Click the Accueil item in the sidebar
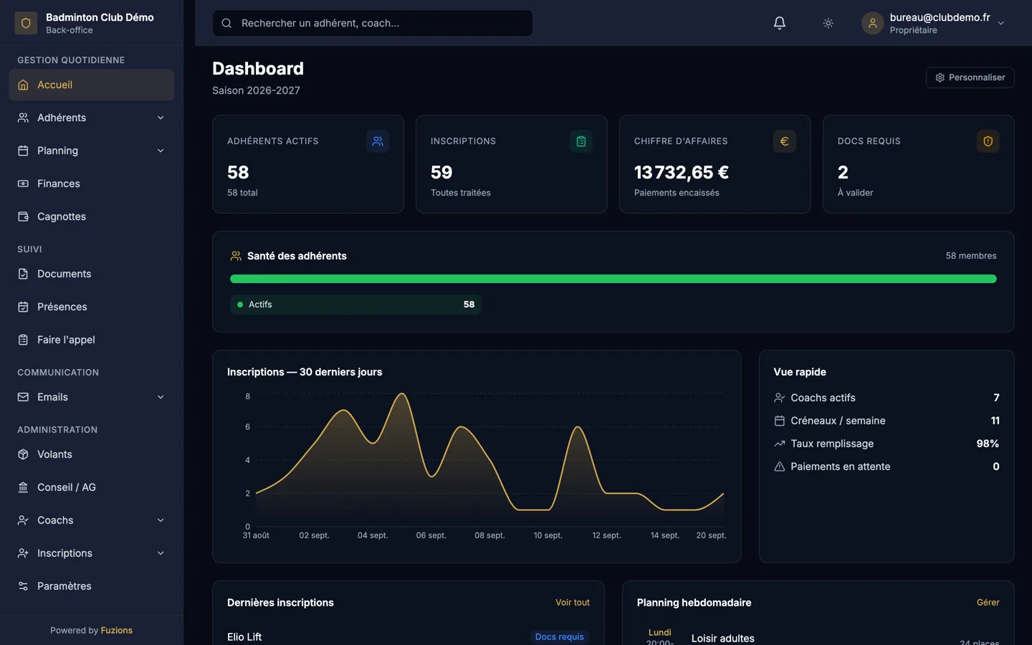pos(91,85)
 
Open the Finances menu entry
pos(58,183)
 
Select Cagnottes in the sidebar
pos(62,216)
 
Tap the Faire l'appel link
pos(66,340)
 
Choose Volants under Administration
pos(54,454)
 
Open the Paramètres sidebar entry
pos(64,586)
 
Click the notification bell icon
pos(779,23)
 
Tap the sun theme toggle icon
pos(828,23)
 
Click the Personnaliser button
pos(970,77)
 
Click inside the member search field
pos(372,23)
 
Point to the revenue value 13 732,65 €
pos(681,172)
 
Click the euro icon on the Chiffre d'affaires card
pos(784,141)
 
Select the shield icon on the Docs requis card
pos(988,141)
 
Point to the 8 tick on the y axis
pos(248,396)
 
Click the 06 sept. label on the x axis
pos(431,535)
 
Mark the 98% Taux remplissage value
pos(988,444)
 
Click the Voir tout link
pos(572,603)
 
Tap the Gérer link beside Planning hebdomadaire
pos(988,603)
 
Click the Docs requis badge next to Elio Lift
pos(559,636)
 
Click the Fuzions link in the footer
pos(117,630)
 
